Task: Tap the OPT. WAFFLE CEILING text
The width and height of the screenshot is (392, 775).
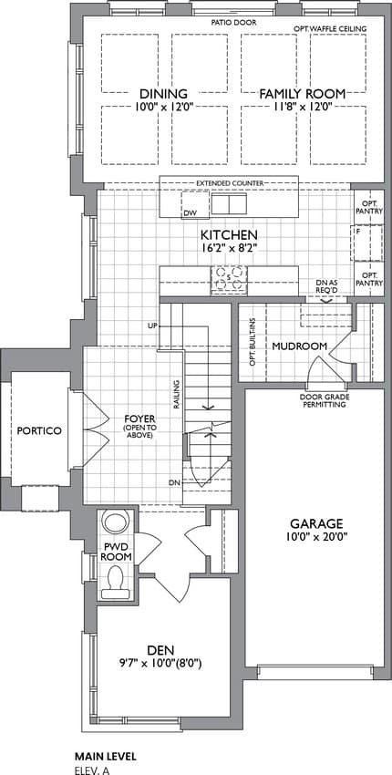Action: (335, 28)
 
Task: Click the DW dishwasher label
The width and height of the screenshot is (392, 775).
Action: (191, 213)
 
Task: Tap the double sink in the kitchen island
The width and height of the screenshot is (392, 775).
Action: (229, 203)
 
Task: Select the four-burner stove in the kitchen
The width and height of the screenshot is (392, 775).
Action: (229, 280)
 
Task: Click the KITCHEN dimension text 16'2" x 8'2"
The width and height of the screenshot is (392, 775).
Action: (229, 249)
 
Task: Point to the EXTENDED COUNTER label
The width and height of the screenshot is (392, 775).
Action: (230, 183)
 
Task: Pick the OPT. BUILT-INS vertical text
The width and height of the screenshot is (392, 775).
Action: (253, 342)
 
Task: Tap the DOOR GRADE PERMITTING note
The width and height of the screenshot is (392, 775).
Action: (323, 401)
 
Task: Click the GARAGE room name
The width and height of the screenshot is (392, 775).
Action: (316, 523)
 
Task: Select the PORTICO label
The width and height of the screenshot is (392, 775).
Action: (39, 430)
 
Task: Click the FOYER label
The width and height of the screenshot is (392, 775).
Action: (139, 418)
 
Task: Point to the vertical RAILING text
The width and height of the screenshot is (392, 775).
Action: (176, 394)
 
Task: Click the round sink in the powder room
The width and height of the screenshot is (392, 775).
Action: (116, 522)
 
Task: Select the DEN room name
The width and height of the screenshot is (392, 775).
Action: (163, 649)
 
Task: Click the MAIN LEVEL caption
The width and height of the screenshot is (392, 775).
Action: (105, 756)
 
